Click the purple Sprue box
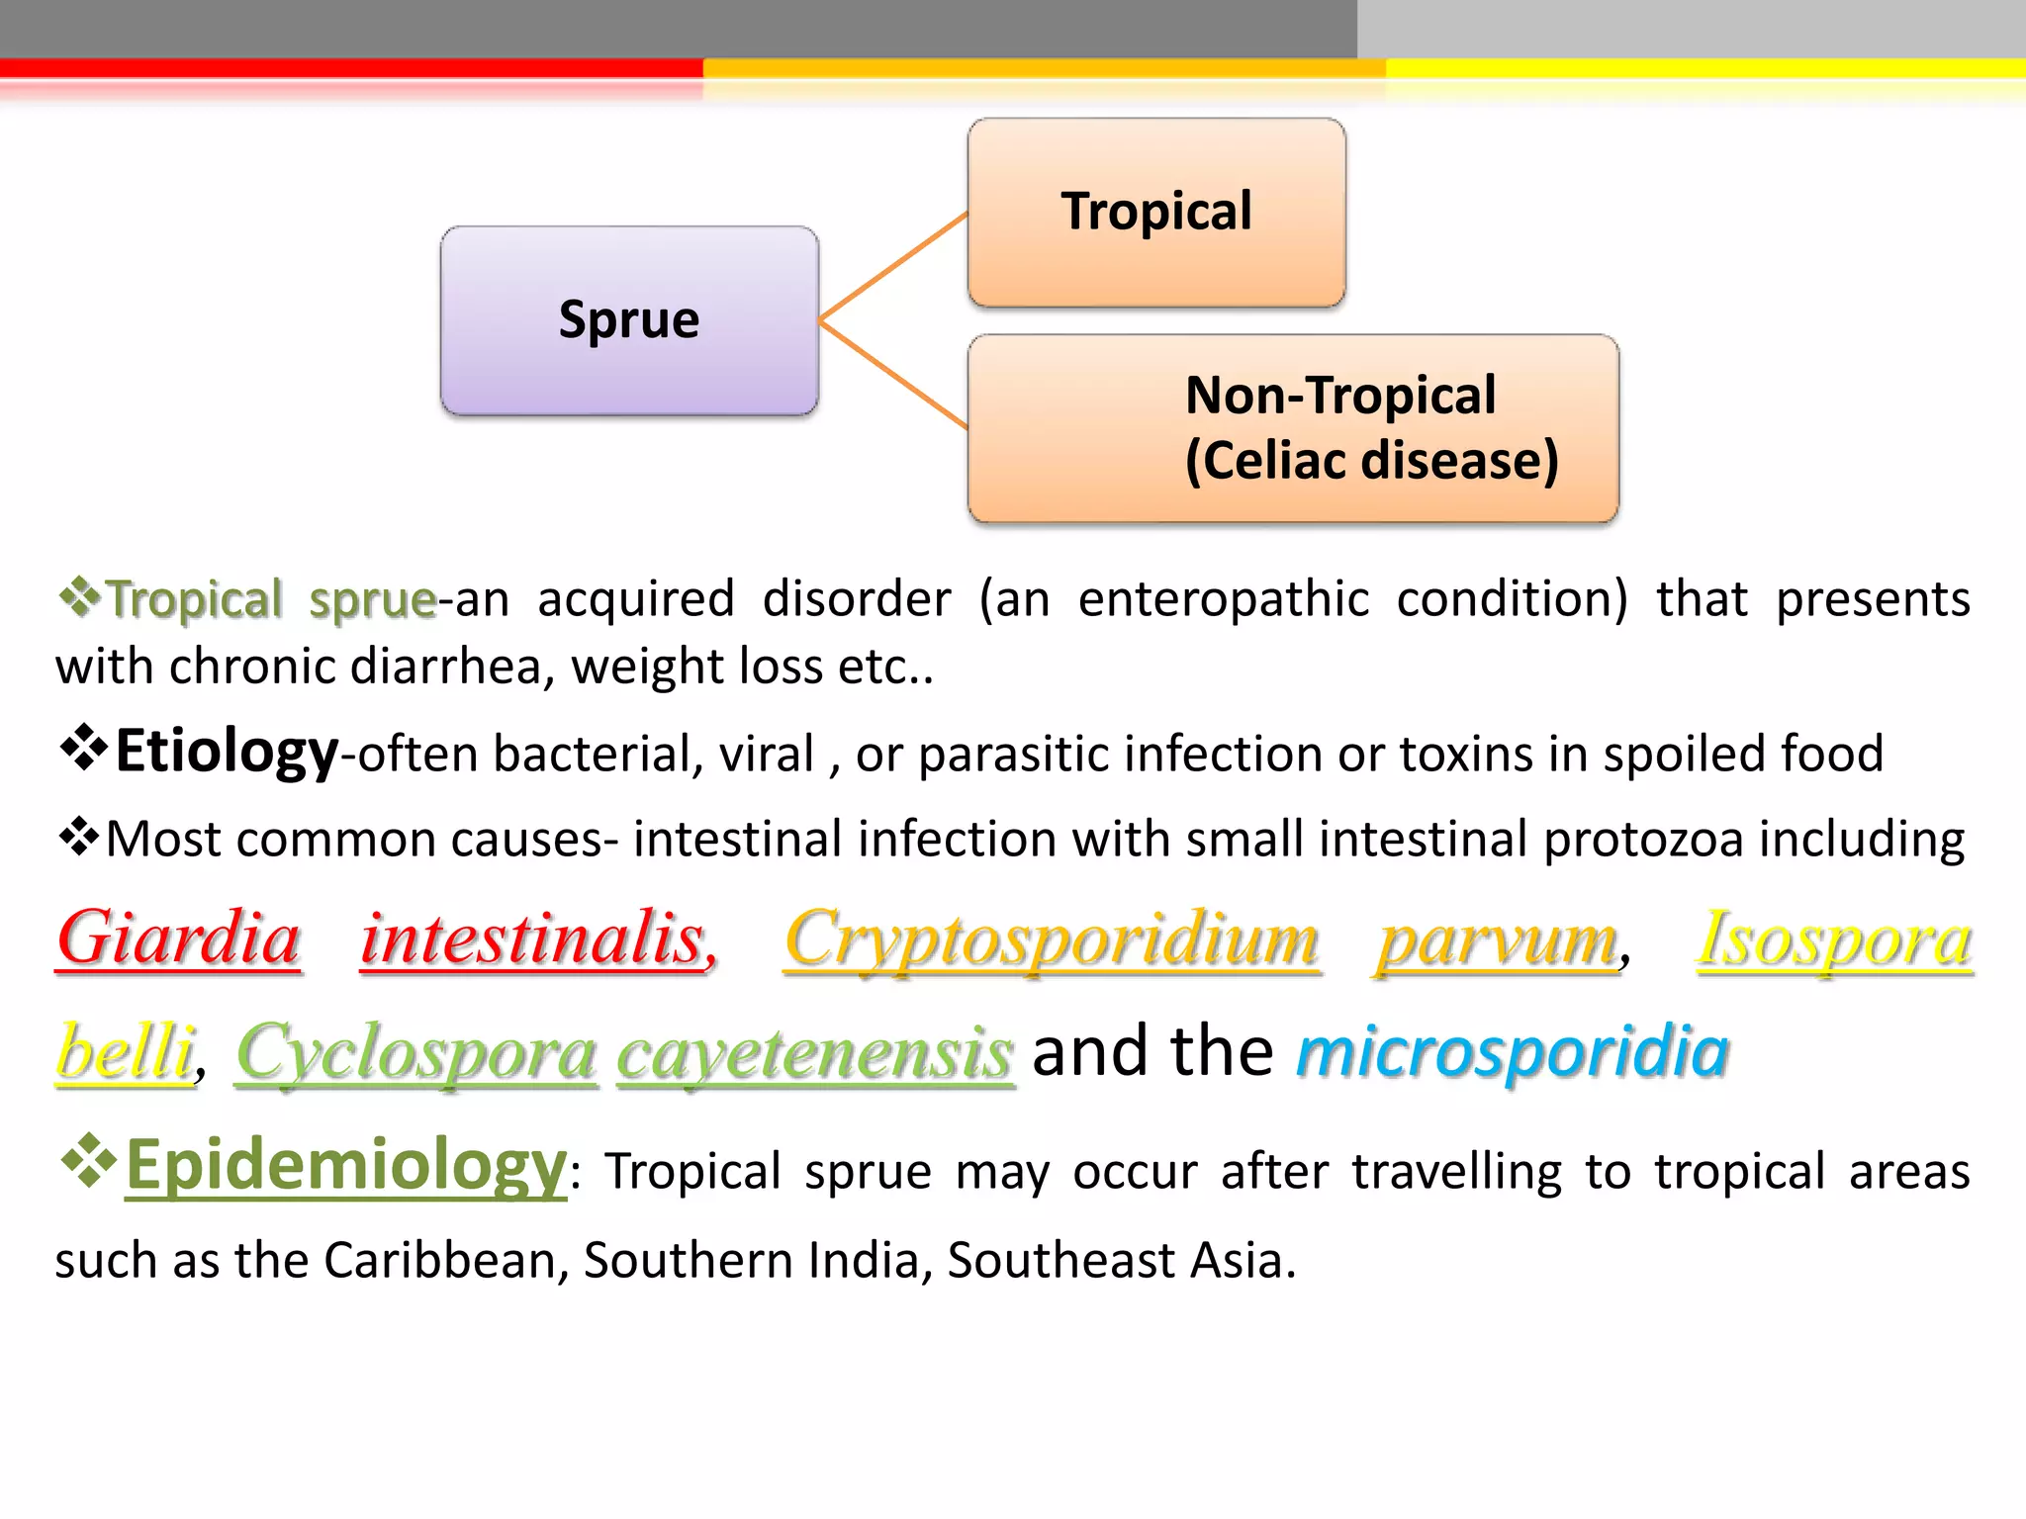click(x=629, y=320)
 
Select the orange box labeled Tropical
click(x=1155, y=212)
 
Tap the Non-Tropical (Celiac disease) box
click(x=1293, y=428)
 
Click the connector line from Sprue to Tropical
click(x=892, y=266)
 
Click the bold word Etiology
click(x=227, y=752)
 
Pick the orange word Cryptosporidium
click(x=1052, y=939)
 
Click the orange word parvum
click(x=1498, y=939)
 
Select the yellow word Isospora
click(x=1835, y=939)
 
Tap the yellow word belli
click(x=125, y=1051)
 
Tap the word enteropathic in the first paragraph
click(x=1223, y=599)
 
